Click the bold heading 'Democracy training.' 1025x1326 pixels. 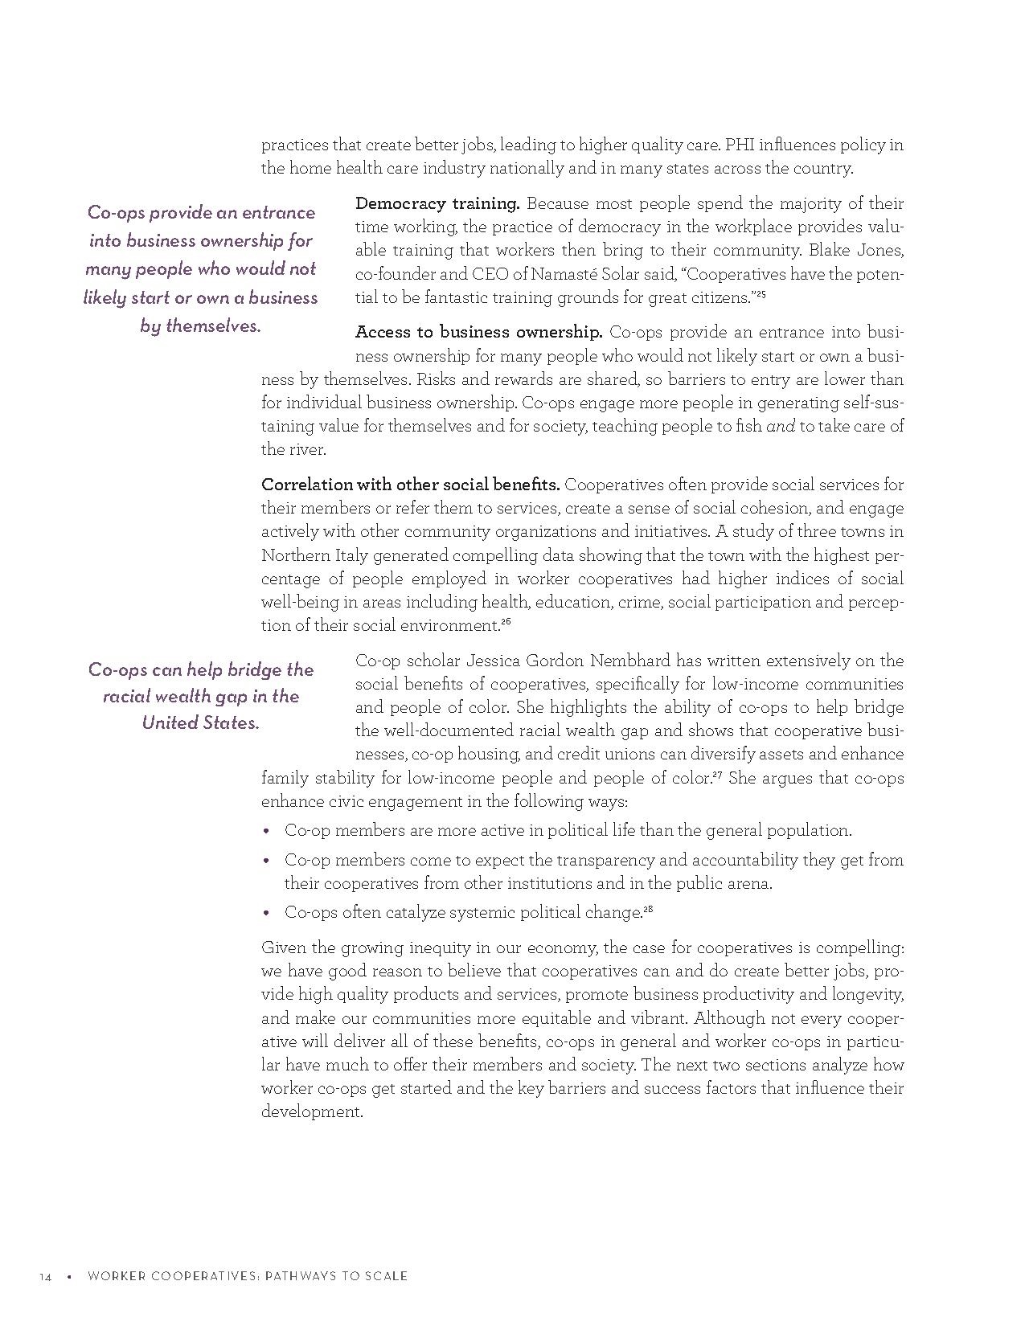437,203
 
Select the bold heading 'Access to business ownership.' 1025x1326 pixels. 478,332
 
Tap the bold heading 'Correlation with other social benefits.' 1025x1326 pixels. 410,485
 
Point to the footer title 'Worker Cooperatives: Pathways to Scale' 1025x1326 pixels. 247,1276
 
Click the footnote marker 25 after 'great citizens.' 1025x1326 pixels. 761,294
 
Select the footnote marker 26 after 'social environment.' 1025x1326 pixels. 506,622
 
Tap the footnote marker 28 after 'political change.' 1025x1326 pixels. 648,909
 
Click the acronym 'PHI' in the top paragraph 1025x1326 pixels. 738,145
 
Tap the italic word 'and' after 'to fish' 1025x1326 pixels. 780,427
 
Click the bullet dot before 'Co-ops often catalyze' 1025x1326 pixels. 267,913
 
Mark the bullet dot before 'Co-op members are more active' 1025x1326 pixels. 267,831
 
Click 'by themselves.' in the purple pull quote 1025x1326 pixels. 200,326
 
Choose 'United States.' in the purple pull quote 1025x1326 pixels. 200,722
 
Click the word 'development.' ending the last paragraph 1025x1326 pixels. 312,1112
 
